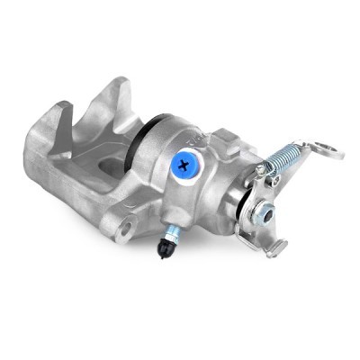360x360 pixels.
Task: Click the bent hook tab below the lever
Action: coord(274,246)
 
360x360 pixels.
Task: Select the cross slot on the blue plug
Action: coord(185,164)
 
